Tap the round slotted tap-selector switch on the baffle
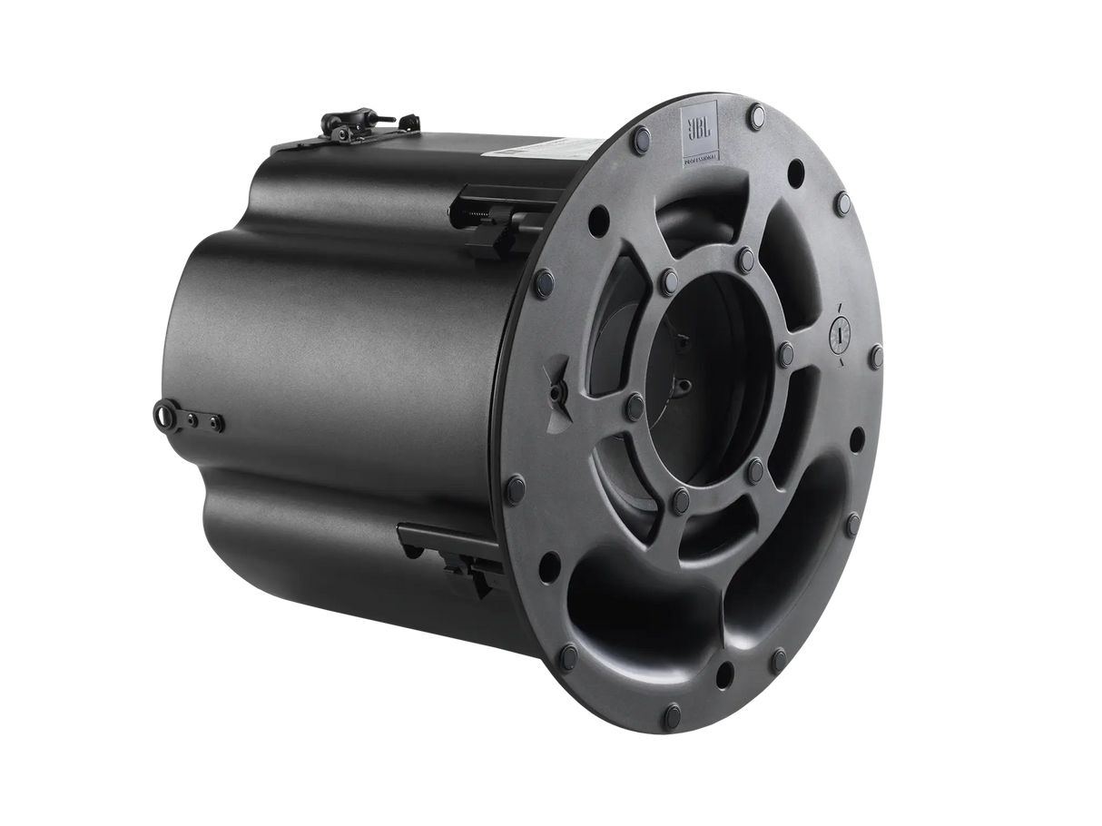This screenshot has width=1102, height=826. (x=841, y=333)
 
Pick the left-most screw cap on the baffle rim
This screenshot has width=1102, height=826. (x=515, y=483)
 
